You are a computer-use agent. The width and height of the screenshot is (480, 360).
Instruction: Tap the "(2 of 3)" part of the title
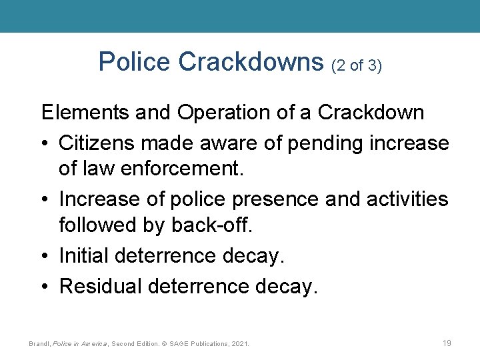coord(356,65)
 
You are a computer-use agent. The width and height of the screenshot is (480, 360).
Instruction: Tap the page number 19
coord(447,343)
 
